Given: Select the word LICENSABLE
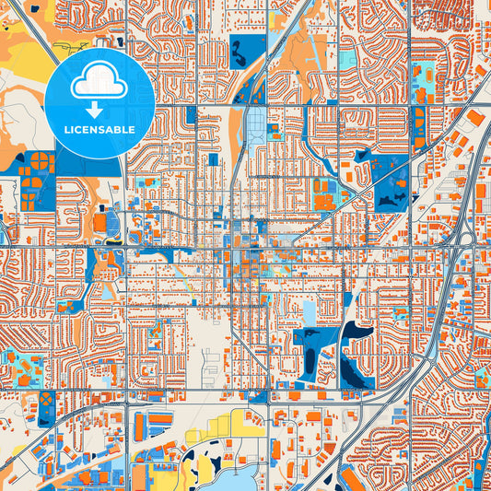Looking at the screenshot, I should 99,130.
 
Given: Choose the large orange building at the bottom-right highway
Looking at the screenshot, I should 354,479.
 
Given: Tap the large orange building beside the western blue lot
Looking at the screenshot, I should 99,222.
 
